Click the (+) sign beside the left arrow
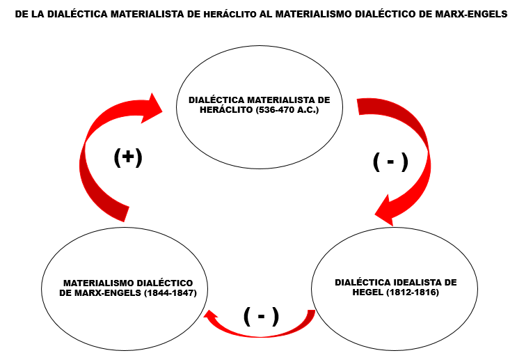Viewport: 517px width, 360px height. pos(128,157)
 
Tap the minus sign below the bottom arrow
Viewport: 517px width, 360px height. pos(261,316)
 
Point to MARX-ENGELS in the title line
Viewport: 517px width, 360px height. pos(472,14)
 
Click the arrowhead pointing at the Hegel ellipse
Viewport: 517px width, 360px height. pos(387,211)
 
